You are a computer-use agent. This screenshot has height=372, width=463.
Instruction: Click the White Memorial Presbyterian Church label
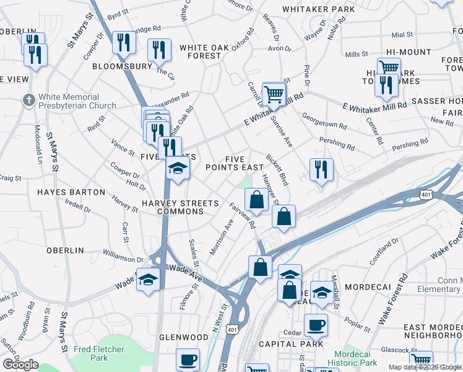(x=77, y=101)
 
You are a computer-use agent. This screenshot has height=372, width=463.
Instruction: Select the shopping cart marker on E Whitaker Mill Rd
(x=274, y=95)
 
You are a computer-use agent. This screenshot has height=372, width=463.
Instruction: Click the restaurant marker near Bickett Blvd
(x=321, y=170)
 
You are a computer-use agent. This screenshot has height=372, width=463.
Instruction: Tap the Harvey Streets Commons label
(x=180, y=207)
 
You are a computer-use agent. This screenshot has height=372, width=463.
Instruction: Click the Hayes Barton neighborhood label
(x=71, y=192)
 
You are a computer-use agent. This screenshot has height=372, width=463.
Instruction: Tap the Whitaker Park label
(x=318, y=9)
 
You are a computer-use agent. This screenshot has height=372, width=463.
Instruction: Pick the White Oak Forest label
(x=200, y=51)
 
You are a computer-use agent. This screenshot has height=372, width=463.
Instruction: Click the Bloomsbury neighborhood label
(x=122, y=66)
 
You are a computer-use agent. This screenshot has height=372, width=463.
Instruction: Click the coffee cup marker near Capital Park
(x=316, y=325)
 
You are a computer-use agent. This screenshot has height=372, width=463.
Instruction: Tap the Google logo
(x=21, y=365)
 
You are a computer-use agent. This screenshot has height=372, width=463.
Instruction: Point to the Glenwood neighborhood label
(x=184, y=337)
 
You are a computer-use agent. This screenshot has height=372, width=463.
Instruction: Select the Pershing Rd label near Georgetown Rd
(x=337, y=144)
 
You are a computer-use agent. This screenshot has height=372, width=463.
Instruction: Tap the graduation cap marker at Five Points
(x=178, y=168)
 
